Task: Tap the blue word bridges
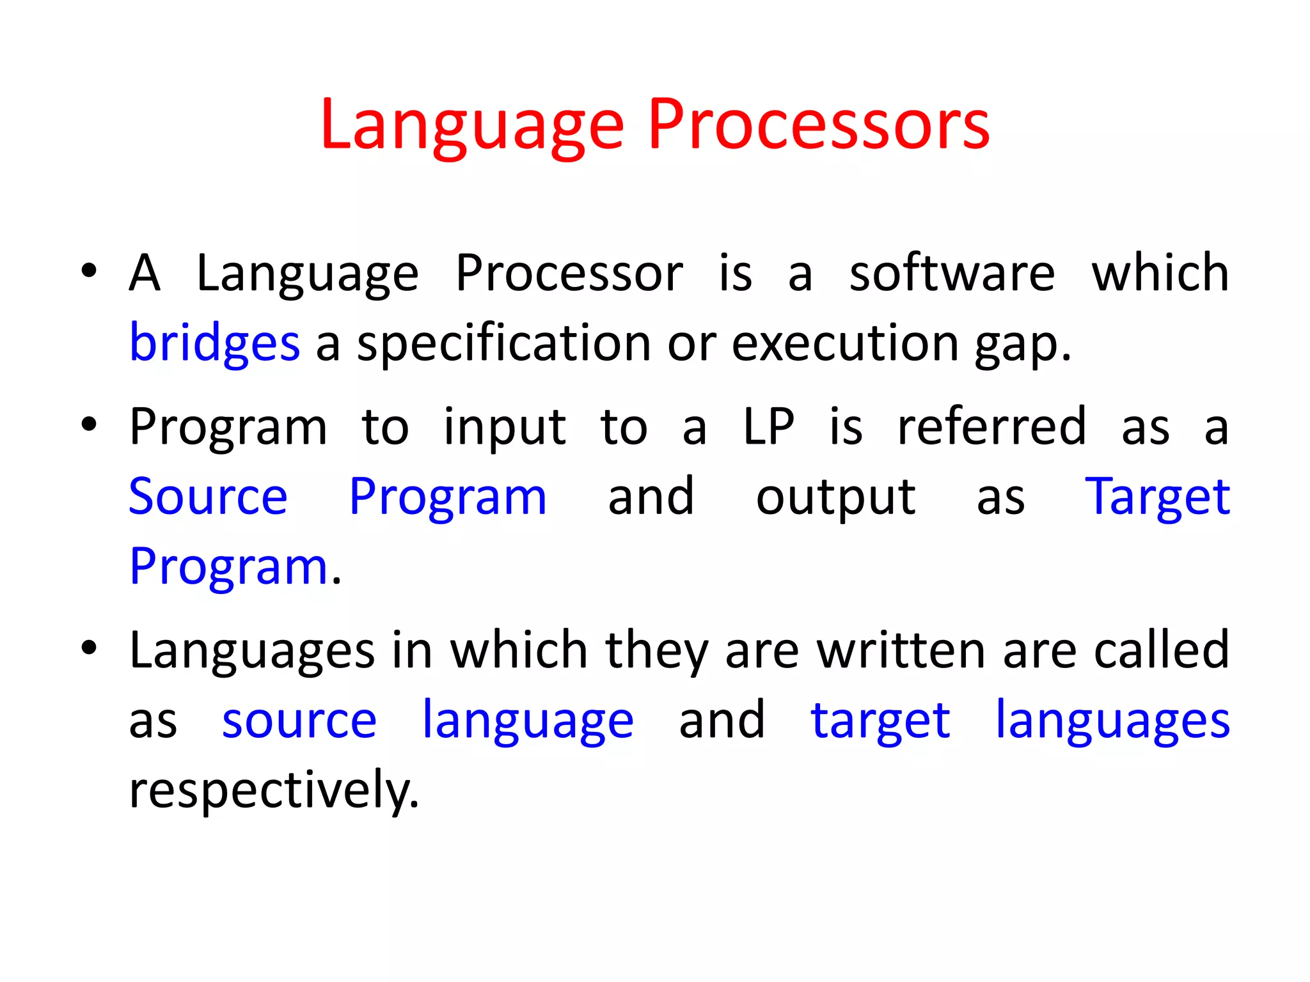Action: click(214, 344)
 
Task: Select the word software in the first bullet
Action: click(952, 274)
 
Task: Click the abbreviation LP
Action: click(769, 427)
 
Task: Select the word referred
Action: click(991, 427)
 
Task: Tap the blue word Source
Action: click(208, 497)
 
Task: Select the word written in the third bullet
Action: click(903, 651)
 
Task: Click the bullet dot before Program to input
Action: click(89, 424)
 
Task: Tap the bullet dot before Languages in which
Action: click(89, 648)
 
